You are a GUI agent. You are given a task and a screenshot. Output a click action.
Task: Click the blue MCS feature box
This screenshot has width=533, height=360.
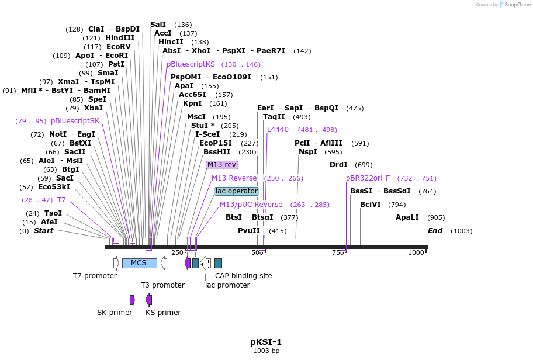coord(139,263)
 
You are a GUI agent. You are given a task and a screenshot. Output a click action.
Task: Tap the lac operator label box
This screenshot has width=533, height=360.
coord(236,191)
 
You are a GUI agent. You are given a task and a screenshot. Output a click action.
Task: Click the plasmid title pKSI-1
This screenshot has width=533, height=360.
coord(266,342)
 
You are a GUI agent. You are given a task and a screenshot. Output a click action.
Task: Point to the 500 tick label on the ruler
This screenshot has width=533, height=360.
coord(257,252)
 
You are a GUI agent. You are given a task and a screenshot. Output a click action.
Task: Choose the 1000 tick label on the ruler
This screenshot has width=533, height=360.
coord(416,252)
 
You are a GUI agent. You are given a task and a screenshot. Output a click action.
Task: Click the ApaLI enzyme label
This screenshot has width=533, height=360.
coord(407,217)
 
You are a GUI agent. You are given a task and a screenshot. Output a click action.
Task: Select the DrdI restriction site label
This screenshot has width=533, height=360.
coord(338,165)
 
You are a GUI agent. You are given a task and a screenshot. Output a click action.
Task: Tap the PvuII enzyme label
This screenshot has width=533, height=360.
coord(249,231)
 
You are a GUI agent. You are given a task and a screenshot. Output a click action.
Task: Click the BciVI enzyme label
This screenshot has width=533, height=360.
coord(371,205)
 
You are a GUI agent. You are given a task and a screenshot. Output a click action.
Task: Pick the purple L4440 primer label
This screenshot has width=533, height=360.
coord(278,130)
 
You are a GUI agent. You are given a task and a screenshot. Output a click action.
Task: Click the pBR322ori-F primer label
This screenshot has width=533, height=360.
coord(368,178)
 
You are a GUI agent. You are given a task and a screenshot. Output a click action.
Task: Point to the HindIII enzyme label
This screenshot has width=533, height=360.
coord(120,38)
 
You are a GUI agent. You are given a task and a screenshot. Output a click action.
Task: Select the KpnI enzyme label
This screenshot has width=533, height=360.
coord(192,103)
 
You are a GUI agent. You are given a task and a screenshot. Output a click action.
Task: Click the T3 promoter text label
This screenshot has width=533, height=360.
coord(162,285)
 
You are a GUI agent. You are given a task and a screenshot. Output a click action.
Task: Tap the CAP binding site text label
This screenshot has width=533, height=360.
coord(243,276)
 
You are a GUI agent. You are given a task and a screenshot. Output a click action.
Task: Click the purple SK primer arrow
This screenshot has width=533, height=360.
coord(133,300)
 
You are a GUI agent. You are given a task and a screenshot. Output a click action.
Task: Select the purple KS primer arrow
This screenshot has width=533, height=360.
coord(149,300)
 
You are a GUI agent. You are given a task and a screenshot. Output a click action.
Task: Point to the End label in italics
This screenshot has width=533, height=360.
coord(435,231)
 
